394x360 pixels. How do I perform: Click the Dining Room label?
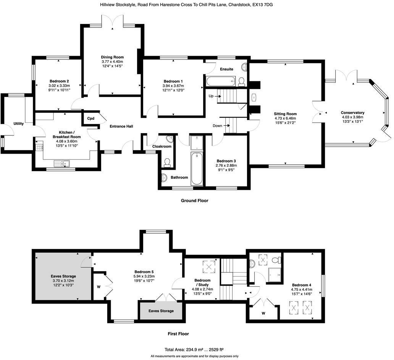(112, 57)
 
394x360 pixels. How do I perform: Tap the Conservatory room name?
(352, 113)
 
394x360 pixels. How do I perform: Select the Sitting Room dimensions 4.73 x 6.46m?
(285, 119)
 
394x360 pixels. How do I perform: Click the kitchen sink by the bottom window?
(61, 164)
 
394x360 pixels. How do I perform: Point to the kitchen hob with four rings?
(39, 147)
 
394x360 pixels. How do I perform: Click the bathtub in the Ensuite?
(220, 81)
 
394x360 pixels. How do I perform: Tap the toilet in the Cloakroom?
(167, 163)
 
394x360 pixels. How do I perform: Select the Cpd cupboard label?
(91, 119)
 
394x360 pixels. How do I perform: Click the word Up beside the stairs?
(210, 96)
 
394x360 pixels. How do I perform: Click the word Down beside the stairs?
(217, 125)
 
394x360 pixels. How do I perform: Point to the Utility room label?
(19, 124)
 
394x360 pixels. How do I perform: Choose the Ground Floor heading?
(194, 201)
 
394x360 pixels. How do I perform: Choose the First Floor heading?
(178, 334)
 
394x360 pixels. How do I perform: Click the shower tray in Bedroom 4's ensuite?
(274, 274)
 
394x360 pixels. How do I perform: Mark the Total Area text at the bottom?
(194, 349)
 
